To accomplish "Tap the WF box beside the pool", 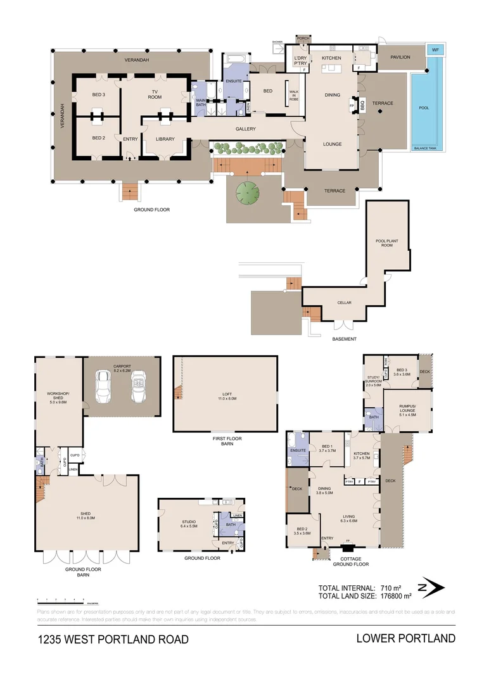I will click(x=435, y=50).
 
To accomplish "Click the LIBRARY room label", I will click(x=164, y=139).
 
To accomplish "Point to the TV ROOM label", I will click(x=155, y=93).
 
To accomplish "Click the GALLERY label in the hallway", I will click(x=245, y=129).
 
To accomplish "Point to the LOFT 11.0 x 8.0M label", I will click(x=225, y=395).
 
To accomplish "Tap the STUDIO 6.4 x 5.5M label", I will click(x=188, y=524).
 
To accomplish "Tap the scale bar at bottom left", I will click(x=60, y=599).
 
